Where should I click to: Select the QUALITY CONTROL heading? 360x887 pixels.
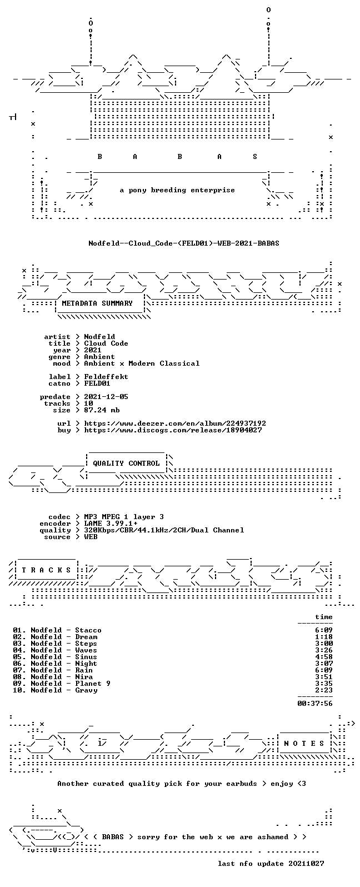click(x=126, y=464)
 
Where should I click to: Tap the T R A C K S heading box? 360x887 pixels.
click(x=46, y=570)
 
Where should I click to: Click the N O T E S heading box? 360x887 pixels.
click(x=304, y=743)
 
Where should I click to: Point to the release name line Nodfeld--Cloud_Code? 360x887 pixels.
click(x=184, y=243)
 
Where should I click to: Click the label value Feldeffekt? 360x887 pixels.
click(x=106, y=377)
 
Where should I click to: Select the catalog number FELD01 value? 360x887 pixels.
click(x=97, y=383)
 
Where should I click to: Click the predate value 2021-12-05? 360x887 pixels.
click(x=106, y=397)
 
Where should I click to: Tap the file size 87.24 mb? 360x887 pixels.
click(x=102, y=410)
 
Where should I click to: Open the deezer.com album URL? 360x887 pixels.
click(x=175, y=423)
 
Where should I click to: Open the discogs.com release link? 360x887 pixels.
click(x=173, y=430)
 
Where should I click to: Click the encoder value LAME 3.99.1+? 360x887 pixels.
click(x=111, y=524)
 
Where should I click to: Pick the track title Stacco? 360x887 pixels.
click(x=88, y=630)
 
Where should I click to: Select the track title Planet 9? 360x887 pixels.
click(x=93, y=684)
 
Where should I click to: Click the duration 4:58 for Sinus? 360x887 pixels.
click(x=324, y=657)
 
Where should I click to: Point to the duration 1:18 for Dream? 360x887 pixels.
click(x=324, y=637)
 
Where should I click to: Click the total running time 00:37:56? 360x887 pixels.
click(x=315, y=704)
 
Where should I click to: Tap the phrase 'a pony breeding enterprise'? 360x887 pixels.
click(x=177, y=190)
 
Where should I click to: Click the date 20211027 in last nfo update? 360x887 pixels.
click(x=306, y=864)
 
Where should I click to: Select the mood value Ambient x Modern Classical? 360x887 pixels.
click(x=142, y=363)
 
